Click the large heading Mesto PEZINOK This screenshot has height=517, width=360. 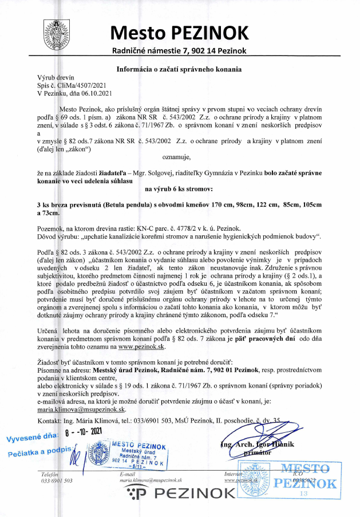(180, 32)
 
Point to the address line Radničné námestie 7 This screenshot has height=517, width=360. (180, 51)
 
